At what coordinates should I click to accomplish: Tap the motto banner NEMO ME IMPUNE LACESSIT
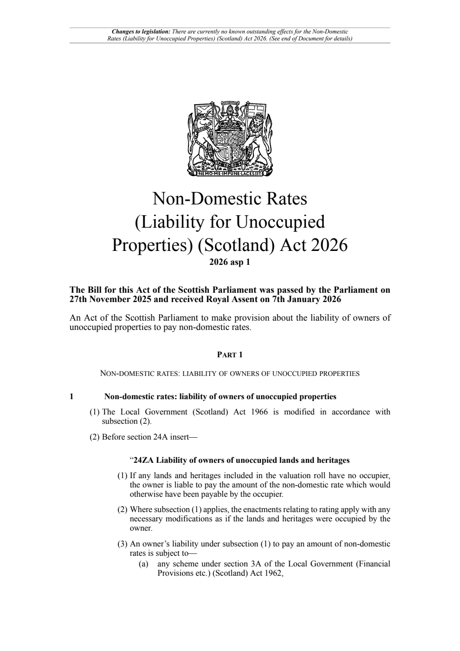click(x=230, y=175)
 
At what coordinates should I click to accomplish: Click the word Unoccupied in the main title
click(x=280, y=222)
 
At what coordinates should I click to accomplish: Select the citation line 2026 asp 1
click(x=230, y=262)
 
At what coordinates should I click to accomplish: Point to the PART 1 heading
click(x=230, y=355)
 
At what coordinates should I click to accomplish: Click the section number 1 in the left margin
click(x=71, y=397)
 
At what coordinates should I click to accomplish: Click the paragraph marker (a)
click(x=143, y=564)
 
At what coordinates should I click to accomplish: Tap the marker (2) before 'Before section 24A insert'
click(x=95, y=437)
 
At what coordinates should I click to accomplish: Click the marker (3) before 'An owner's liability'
click(x=122, y=544)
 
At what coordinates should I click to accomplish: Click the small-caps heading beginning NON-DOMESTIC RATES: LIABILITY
click(x=230, y=373)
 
